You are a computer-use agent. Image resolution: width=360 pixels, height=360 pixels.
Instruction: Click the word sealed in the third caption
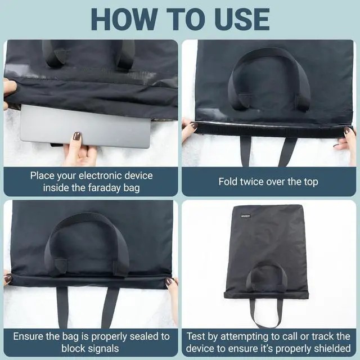[145, 336]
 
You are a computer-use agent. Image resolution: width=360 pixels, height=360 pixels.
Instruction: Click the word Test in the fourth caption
[195, 336]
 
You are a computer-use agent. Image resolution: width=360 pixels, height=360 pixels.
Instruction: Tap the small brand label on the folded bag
[246, 216]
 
